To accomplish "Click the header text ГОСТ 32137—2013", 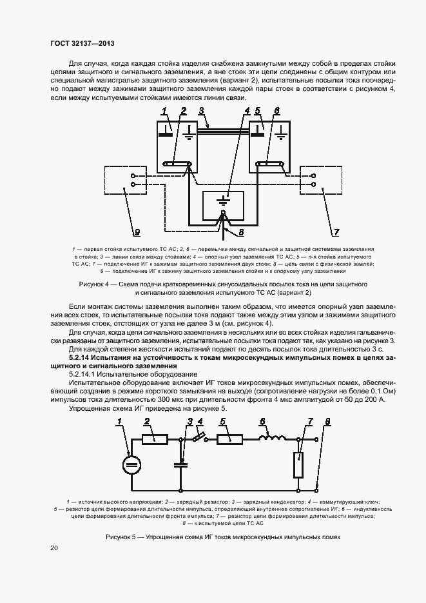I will pos(82,44).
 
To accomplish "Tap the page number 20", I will pos(54,548).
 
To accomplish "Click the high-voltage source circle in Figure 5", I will pos(131,463).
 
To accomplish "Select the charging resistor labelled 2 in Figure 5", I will pos(155,439).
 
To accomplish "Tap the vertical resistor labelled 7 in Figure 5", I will pos(298,465).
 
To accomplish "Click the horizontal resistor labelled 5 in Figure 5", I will pos(229,439).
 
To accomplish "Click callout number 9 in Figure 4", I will pos(137,230).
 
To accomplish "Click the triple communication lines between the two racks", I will pos(223,131).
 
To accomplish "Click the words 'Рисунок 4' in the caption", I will pos(95,284).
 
